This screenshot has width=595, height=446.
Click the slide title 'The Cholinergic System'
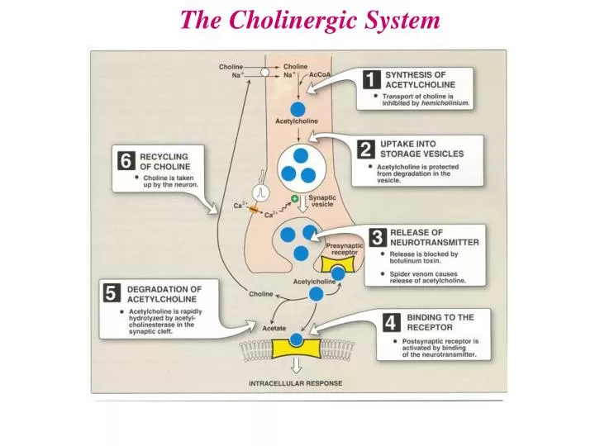tap(310, 20)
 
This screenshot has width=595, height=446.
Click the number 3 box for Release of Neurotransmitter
tap(376, 239)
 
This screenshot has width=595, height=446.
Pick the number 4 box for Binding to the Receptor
tap(391, 323)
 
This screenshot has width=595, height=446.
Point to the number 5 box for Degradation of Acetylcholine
tap(110, 292)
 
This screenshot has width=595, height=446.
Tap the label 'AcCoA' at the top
tap(319, 74)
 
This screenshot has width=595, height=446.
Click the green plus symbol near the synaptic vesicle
tap(295, 189)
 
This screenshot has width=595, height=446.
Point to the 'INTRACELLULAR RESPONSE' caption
tap(295, 383)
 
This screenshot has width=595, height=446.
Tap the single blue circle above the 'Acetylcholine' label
tap(297, 108)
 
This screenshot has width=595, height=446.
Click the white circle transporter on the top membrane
tap(265, 73)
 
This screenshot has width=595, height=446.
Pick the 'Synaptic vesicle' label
tap(321, 202)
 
